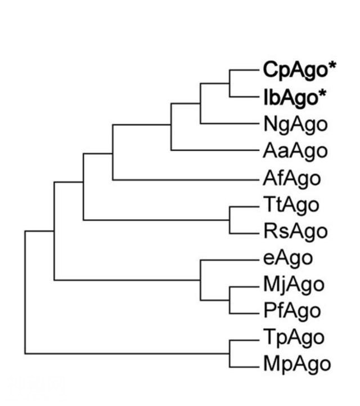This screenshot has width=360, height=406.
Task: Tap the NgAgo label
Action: click(296, 125)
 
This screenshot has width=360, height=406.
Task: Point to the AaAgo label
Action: click(295, 151)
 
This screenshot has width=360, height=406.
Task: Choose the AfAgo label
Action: click(292, 179)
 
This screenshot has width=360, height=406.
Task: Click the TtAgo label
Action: click(291, 205)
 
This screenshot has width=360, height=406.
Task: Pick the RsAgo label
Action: click(296, 232)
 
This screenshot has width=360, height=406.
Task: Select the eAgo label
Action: click(288, 258)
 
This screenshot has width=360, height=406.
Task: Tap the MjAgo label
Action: click(294, 285)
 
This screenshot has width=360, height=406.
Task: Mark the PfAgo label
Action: click(292, 312)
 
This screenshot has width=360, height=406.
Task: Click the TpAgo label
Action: click(294, 338)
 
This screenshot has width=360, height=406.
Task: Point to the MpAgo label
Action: click(297, 365)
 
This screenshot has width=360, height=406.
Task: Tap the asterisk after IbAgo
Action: click(322, 93)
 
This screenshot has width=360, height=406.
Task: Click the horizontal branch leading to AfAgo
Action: click(186, 180)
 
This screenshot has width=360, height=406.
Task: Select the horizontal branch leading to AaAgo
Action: click(215, 150)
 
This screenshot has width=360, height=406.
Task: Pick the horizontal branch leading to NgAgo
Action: click(229, 123)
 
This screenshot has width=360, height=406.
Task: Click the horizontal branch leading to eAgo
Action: click(229, 260)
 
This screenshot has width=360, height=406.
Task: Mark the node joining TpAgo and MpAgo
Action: click(229, 354)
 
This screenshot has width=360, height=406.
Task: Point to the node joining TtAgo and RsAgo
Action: click(229, 220)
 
